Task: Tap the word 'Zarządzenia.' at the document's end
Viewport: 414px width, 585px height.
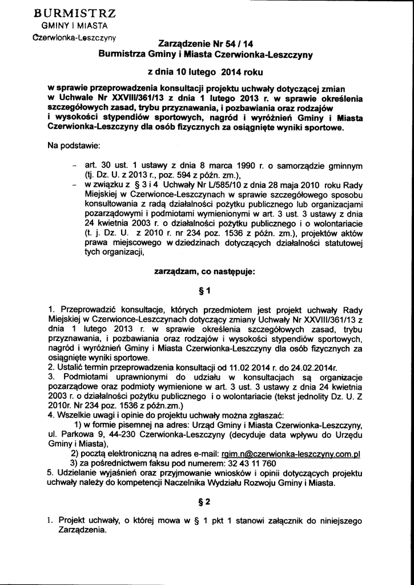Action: tap(82, 530)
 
